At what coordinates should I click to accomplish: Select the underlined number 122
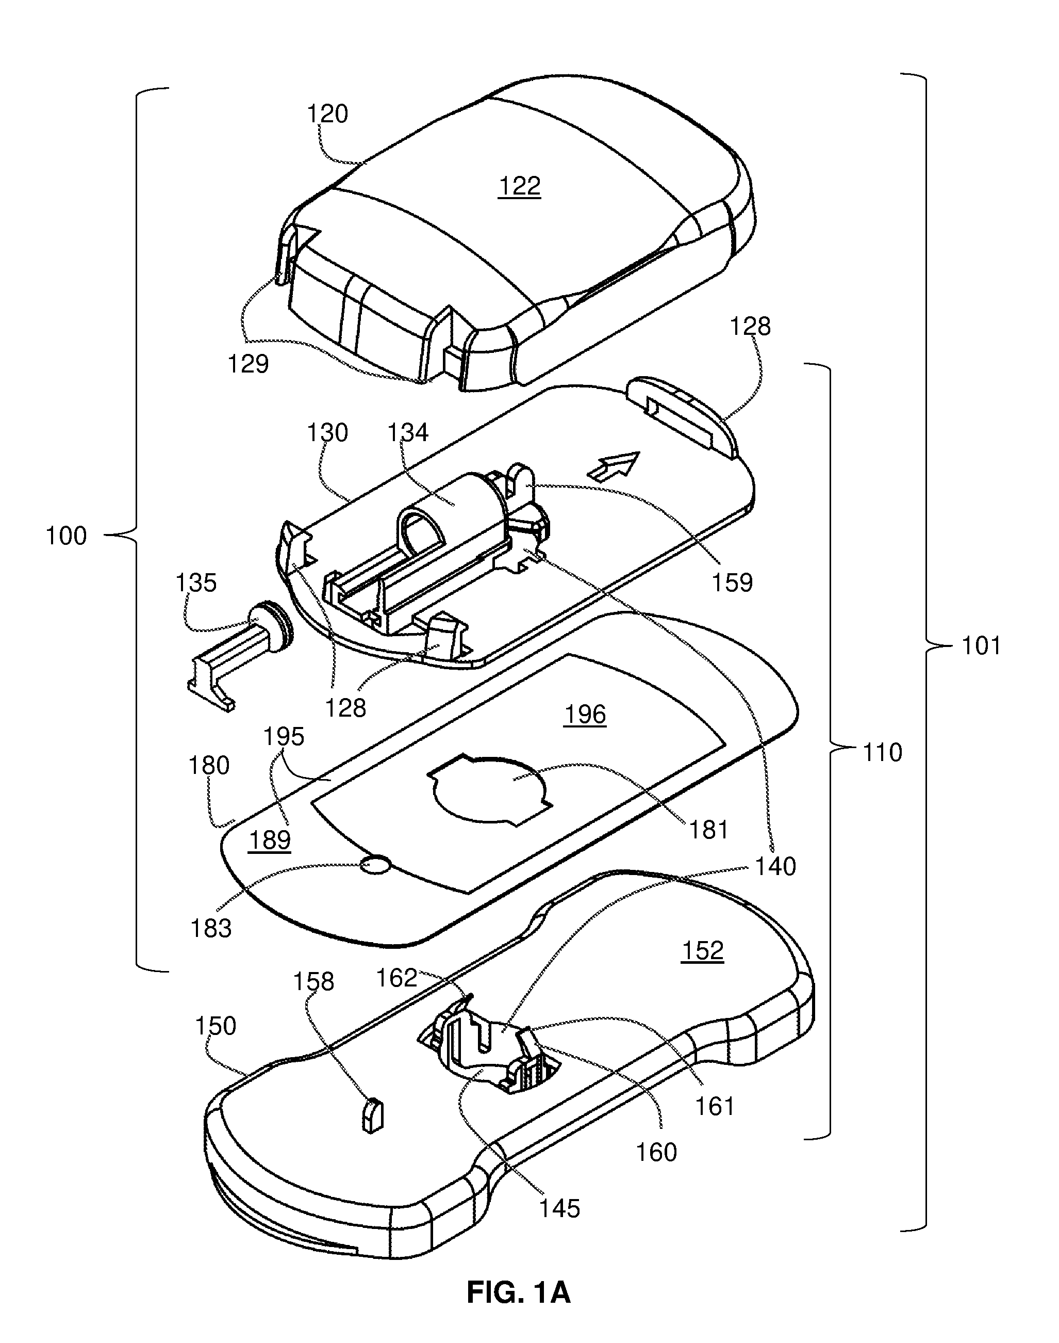(519, 187)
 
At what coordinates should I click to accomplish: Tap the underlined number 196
(585, 715)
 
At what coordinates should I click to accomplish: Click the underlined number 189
(270, 840)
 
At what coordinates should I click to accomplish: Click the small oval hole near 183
(376, 864)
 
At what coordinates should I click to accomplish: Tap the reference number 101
(981, 646)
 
